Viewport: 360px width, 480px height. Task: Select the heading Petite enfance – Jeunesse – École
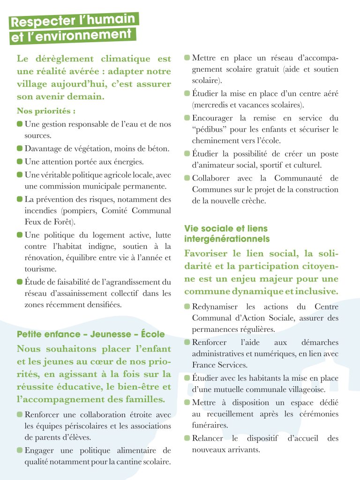pos(90,334)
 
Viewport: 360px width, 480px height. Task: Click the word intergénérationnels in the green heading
pos(227,239)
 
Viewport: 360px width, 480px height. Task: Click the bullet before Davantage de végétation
pos(20,149)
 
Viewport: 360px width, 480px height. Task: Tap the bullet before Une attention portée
pos(20,162)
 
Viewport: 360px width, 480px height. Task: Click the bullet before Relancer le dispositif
pos(187,438)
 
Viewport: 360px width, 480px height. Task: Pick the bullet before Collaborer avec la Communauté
pos(187,178)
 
